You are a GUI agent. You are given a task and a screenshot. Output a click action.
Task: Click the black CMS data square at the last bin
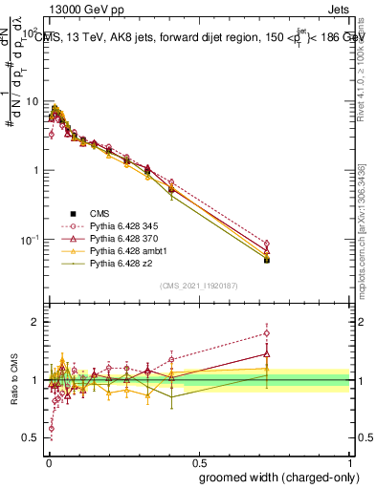coord(267,260)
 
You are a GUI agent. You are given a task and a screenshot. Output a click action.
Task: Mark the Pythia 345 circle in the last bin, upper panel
coord(267,244)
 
